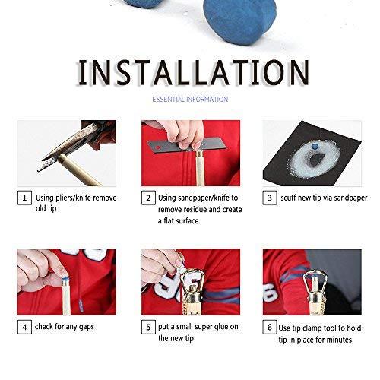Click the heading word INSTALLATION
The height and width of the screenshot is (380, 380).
tap(190, 73)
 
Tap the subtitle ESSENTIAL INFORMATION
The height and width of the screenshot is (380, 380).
tap(190, 100)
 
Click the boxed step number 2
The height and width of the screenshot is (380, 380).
tap(148, 198)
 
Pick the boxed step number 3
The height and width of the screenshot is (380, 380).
tap(270, 198)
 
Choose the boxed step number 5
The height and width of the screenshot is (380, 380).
tap(148, 328)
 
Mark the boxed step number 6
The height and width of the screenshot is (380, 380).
tap(270, 328)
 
